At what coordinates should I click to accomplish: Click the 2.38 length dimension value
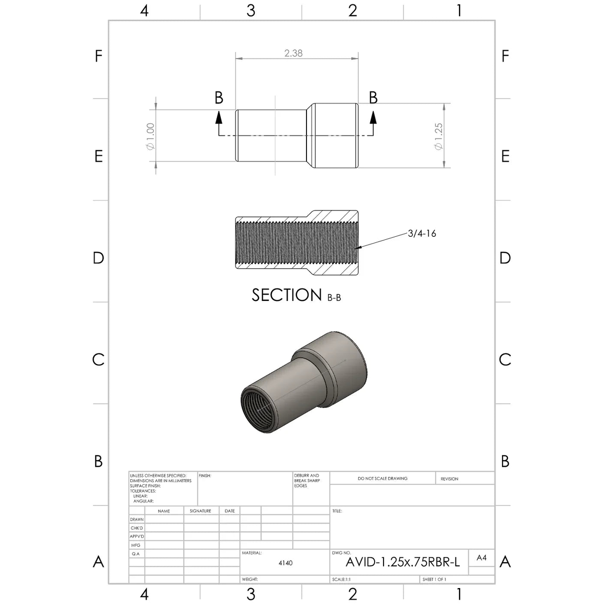[293, 53]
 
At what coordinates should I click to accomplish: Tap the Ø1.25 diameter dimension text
[438, 136]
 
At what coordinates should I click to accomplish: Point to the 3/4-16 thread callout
[422, 233]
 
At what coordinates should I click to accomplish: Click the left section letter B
[218, 98]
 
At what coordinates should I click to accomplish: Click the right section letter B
[373, 98]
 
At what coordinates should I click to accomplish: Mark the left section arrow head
[218, 117]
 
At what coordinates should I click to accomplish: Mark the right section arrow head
[373, 117]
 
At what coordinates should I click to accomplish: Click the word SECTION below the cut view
[287, 295]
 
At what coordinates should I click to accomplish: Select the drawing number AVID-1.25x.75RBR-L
[403, 562]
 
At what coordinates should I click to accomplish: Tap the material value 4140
[286, 563]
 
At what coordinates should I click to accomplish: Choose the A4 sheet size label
[481, 558]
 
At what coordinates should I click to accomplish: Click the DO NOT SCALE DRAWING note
[382, 479]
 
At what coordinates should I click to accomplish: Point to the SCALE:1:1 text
[341, 580]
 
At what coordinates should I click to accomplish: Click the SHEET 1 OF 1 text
[434, 580]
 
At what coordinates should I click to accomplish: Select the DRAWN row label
[137, 519]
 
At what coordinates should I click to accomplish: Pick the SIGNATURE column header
[201, 511]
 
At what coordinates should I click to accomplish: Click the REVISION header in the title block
[449, 479]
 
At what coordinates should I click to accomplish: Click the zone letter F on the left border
[99, 56]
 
